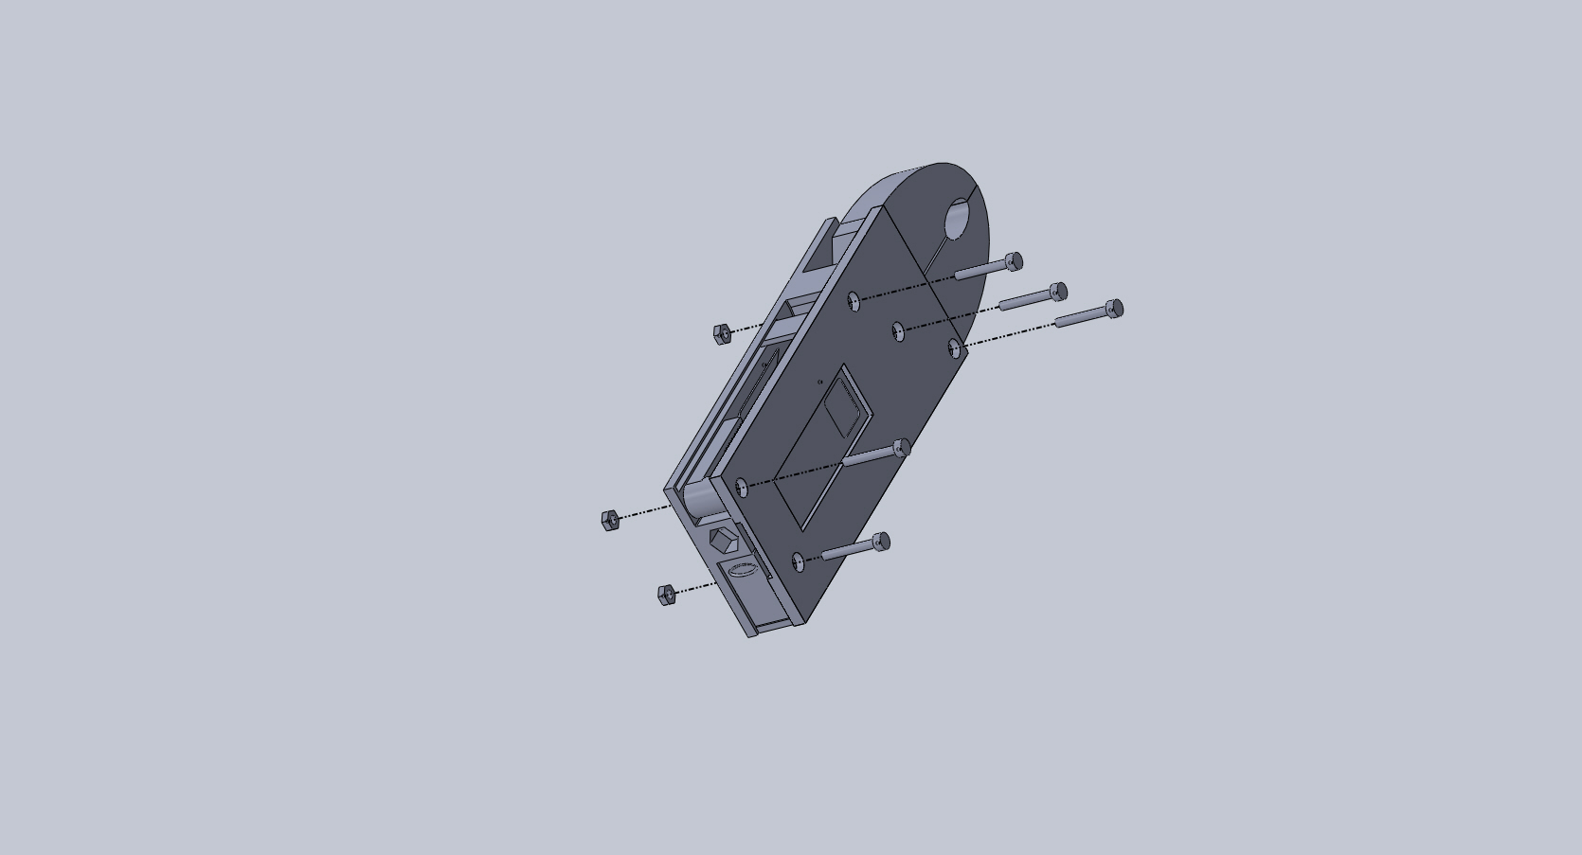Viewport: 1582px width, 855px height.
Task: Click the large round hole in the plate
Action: (958, 220)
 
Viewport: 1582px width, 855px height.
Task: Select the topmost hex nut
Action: (722, 332)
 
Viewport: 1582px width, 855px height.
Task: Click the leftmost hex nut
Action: (610, 520)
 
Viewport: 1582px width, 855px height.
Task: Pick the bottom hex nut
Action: (666, 594)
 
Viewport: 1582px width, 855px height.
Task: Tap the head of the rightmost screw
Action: (1114, 308)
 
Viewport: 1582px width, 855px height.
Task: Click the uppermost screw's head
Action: (1014, 260)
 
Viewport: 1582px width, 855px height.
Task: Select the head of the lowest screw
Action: (881, 542)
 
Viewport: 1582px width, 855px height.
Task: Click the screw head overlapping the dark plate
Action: (902, 448)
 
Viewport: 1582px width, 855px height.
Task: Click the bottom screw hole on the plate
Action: (799, 561)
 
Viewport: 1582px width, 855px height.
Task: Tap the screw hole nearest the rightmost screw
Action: (955, 349)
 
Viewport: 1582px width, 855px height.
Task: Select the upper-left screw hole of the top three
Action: (854, 300)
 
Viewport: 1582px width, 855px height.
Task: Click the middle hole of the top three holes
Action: (898, 330)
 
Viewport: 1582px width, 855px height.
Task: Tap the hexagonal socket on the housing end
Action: (722, 542)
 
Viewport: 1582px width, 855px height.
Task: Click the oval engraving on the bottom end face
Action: (741, 569)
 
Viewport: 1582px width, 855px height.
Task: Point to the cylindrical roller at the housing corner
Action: (700, 500)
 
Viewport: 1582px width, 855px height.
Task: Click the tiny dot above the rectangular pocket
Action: (819, 383)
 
